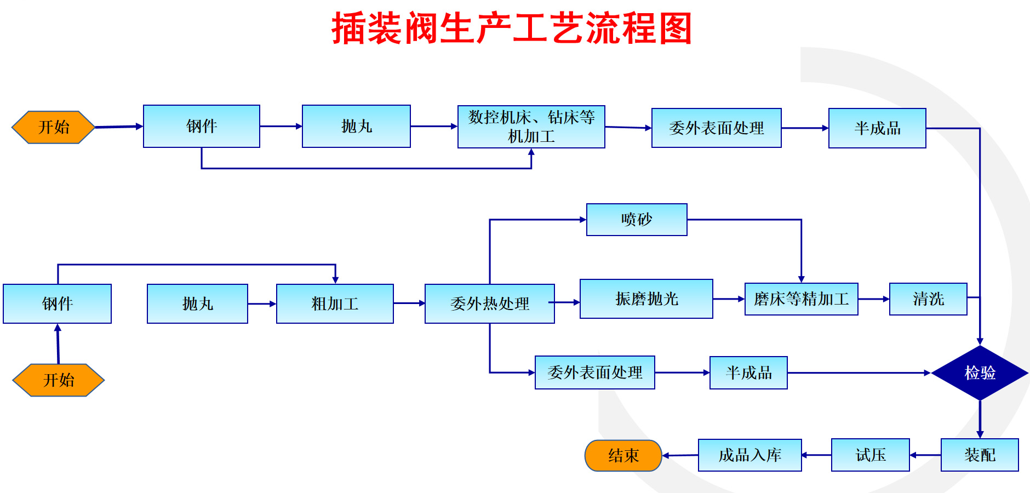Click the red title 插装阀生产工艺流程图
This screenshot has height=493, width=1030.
(x=512, y=28)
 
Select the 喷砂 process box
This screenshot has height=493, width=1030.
(x=637, y=220)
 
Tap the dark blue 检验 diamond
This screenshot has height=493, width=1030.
(x=980, y=373)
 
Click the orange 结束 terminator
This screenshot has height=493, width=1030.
(x=623, y=455)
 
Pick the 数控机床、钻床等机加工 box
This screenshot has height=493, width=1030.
(x=531, y=127)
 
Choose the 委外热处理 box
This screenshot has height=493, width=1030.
(x=490, y=303)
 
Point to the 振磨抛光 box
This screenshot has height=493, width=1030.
(x=646, y=299)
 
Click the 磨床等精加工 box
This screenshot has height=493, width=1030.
(x=802, y=299)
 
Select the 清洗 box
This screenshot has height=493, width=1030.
(x=928, y=299)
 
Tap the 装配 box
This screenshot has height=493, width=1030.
(x=980, y=455)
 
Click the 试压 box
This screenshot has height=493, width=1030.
(x=871, y=455)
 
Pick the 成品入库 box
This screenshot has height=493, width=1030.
(x=750, y=455)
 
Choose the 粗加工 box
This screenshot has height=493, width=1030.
(x=335, y=303)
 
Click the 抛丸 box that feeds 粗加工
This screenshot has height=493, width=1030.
(x=197, y=303)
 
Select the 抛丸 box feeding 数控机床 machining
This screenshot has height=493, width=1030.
(x=356, y=126)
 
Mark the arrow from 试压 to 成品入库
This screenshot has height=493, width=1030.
(x=816, y=455)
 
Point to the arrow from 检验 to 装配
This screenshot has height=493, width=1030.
(x=980, y=420)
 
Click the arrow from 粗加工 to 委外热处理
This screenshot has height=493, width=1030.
(x=409, y=303)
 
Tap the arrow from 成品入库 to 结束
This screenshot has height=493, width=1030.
(x=680, y=455)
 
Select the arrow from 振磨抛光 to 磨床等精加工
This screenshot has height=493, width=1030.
(x=729, y=299)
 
